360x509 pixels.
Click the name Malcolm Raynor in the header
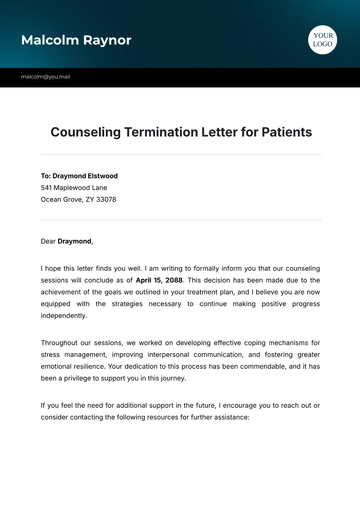click(75, 40)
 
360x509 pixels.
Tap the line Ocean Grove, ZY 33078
click(78, 199)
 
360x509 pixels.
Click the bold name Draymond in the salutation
click(74, 241)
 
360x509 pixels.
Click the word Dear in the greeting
click(48, 241)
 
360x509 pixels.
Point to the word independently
click(65, 316)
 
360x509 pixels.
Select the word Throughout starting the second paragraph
click(60, 342)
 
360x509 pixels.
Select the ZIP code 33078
click(104, 199)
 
